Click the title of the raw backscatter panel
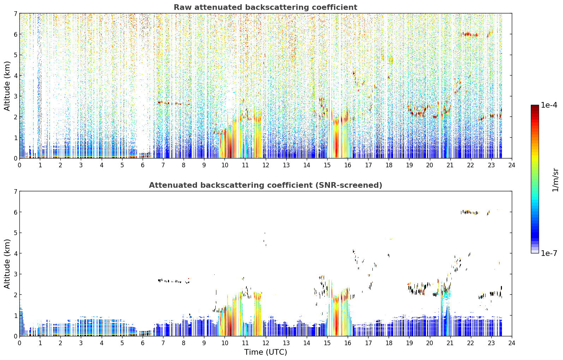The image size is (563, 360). [265, 7]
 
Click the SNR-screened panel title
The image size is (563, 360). [265, 185]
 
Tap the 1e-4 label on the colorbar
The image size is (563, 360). [549, 105]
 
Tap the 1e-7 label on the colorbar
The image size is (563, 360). [549, 253]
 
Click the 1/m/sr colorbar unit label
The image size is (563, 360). [555, 180]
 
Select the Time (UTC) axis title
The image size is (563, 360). [265, 352]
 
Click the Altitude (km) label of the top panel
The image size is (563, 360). [7, 86]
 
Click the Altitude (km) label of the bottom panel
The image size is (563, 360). [7, 264]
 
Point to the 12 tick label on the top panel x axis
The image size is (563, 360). [266, 165]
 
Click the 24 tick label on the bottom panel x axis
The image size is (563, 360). [512, 343]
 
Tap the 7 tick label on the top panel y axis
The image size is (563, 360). [16, 13]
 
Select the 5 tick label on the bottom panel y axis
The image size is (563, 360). [16, 233]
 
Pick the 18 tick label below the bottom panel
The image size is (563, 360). [389, 343]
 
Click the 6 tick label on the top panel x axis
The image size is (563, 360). [143, 165]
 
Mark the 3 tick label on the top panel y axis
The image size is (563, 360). [16, 96]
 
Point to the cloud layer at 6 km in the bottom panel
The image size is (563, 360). [470, 212]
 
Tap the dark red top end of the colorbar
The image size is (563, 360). [535, 107]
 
